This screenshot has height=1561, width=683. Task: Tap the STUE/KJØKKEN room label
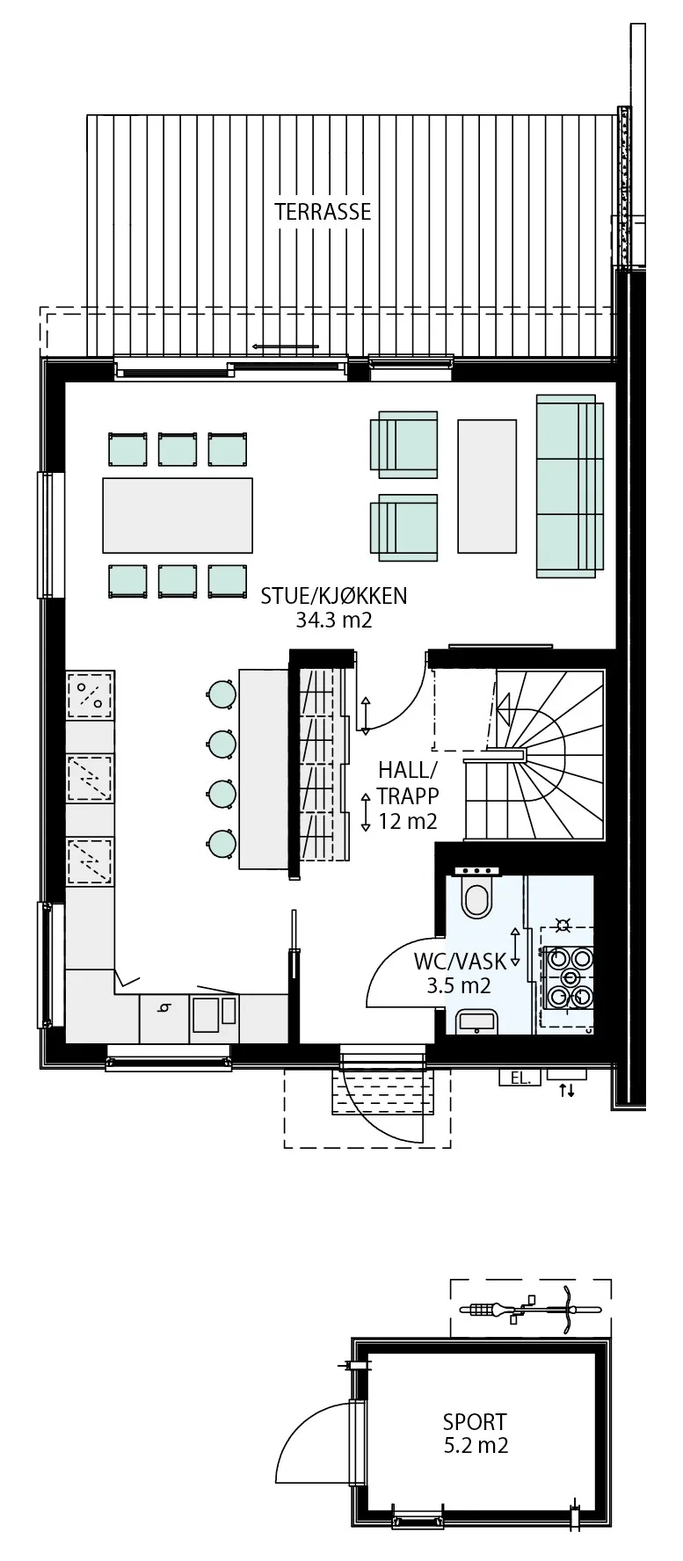pyautogui.click(x=334, y=596)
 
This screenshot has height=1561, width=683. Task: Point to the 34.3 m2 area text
pyautogui.click(x=334, y=621)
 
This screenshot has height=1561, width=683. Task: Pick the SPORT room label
pyautogui.click(x=475, y=1421)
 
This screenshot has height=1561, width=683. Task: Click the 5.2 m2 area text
pyautogui.click(x=476, y=1445)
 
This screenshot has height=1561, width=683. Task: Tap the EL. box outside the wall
pyautogui.click(x=520, y=1077)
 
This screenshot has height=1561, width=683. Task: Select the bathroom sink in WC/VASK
pyautogui.click(x=477, y=1022)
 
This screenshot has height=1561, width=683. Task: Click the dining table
pyautogui.click(x=178, y=515)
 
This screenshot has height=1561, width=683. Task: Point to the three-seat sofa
pyautogui.click(x=570, y=486)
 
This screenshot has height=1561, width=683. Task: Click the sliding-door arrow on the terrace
pyautogui.click(x=285, y=346)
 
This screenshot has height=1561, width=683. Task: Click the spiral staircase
pyautogui.click(x=534, y=755)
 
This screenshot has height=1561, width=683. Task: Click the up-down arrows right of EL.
pyautogui.click(x=567, y=1091)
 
